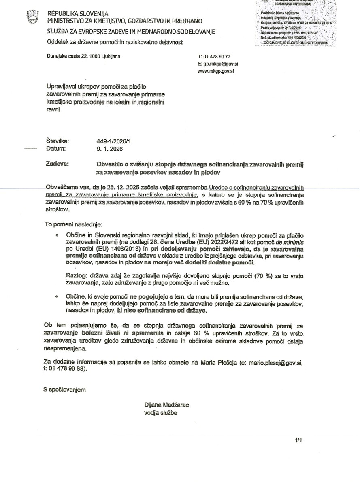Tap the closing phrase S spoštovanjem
(65, 390)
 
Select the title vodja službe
(160, 413)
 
